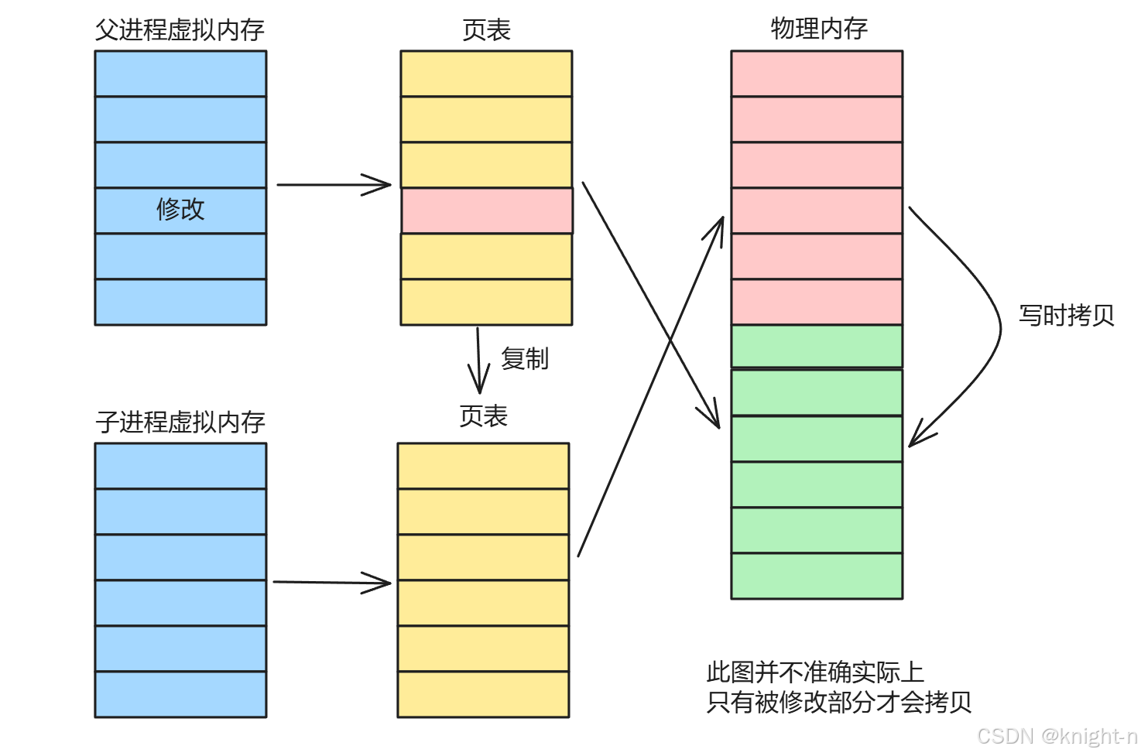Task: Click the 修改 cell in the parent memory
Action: (180, 210)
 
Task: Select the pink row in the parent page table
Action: (487, 210)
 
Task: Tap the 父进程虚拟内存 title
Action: (180, 30)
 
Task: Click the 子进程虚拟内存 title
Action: (180, 422)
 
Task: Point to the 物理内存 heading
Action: (818, 29)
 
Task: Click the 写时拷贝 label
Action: (1066, 316)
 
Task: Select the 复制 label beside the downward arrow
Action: (525, 359)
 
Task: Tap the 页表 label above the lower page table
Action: (483, 416)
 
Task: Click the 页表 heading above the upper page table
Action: (486, 30)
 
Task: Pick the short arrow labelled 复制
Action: (478, 360)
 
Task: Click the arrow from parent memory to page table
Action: (333, 185)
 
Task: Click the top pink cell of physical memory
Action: (817, 74)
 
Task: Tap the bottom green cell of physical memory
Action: (817, 576)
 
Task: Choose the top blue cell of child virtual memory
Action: (180, 466)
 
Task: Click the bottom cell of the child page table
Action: (483, 694)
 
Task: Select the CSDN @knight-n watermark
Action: (1057, 736)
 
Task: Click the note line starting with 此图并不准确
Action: (815, 672)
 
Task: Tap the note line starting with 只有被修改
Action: (838, 702)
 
